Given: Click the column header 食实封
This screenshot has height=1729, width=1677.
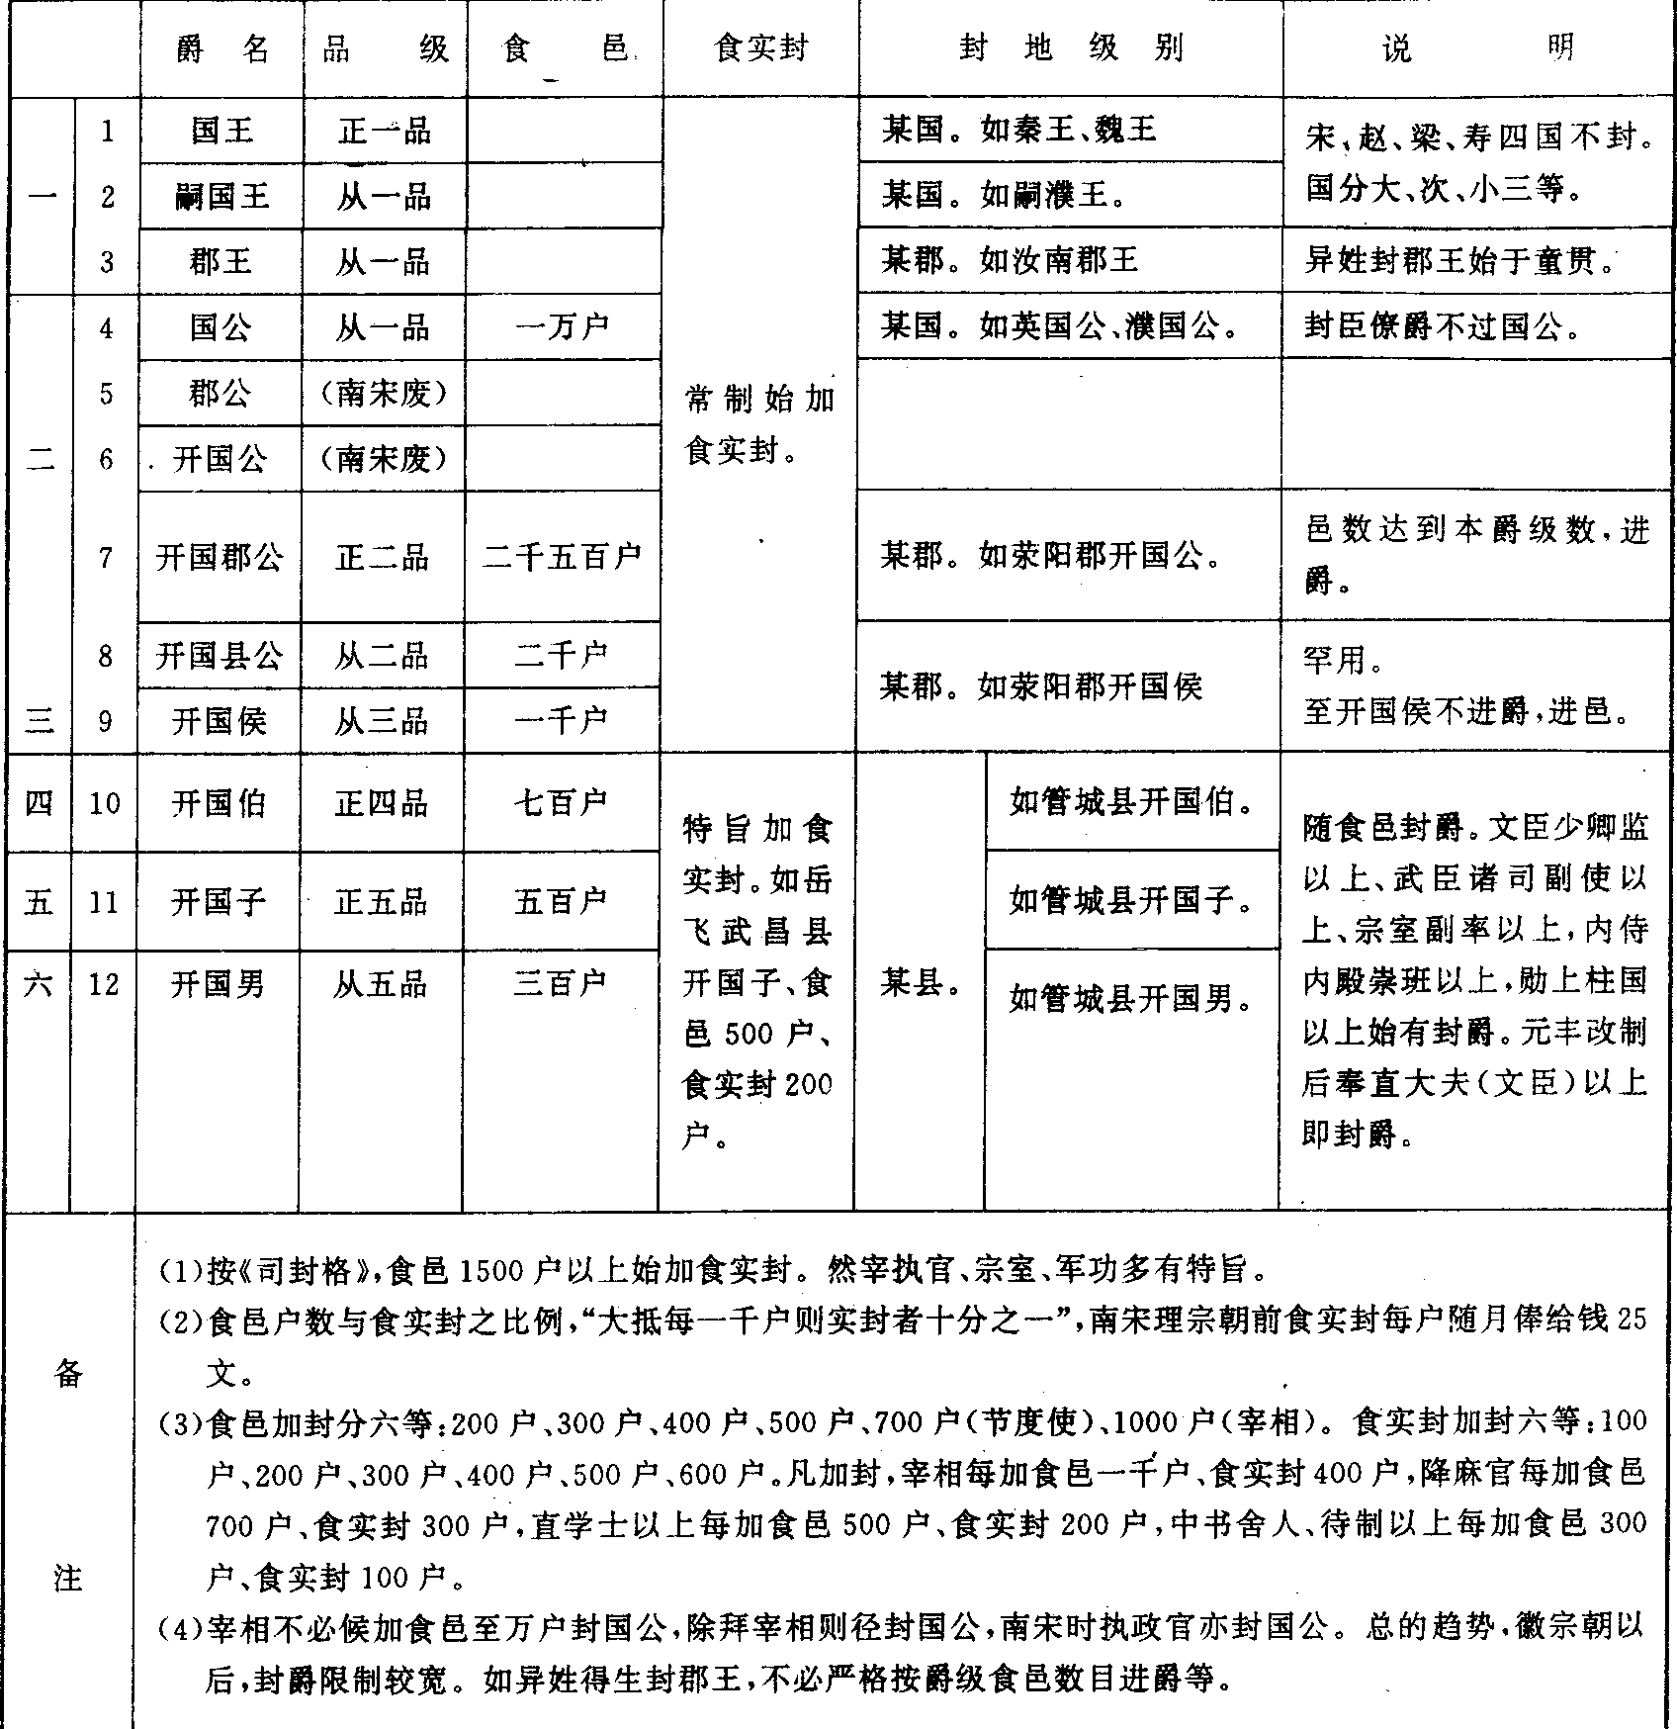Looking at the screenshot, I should pos(760,48).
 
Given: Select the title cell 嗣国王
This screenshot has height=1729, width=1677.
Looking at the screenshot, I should pos(221,196).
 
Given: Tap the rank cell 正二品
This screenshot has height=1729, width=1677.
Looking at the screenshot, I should pos(382,558).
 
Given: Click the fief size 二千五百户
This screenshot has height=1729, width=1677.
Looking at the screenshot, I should pos(562,558).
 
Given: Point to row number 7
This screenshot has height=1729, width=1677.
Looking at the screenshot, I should pos(106,558).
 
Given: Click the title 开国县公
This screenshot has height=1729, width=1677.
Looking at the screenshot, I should pos(220,655).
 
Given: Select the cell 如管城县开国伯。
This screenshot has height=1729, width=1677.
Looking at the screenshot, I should pos(1131,802).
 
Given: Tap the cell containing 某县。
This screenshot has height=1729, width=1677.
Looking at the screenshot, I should pos(921,983).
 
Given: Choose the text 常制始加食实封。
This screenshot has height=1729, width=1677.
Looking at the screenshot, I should pos(759,424).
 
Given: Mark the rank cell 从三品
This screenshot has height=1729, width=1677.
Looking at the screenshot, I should pos(382,721).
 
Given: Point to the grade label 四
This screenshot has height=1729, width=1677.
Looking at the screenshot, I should pos(39,802).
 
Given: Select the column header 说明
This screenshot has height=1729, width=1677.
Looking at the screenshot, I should pos(1477,48).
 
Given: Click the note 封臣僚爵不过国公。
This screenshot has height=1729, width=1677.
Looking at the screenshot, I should pos(1447,327).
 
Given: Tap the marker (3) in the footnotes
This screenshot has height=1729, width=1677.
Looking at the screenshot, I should pos(181,1423).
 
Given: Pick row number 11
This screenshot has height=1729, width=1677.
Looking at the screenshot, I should pos(104,902).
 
